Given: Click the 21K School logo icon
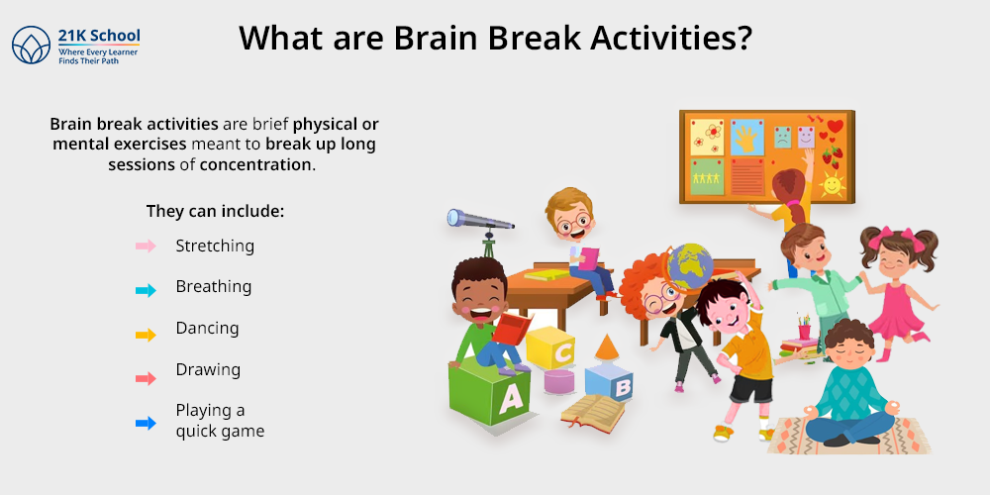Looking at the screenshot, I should (x=31, y=46).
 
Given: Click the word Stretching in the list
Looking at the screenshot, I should (x=215, y=246).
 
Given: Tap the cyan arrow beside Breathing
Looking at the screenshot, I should (x=146, y=290).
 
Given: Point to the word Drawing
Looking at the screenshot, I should (x=208, y=369).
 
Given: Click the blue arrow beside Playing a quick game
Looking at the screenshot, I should (x=146, y=423).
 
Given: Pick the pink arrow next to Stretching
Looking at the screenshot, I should (x=146, y=247).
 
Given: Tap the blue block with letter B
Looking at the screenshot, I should (x=610, y=383).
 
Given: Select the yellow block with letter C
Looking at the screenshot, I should (x=551, y=349).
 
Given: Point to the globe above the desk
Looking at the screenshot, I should (x=690, y=265).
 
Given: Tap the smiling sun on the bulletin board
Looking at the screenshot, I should (x=832, y=183).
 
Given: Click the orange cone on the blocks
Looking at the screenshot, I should (x=607, y=347).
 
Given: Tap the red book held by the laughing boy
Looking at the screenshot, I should (x=510, y=328).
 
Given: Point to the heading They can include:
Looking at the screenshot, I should (x=215, y=211).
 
